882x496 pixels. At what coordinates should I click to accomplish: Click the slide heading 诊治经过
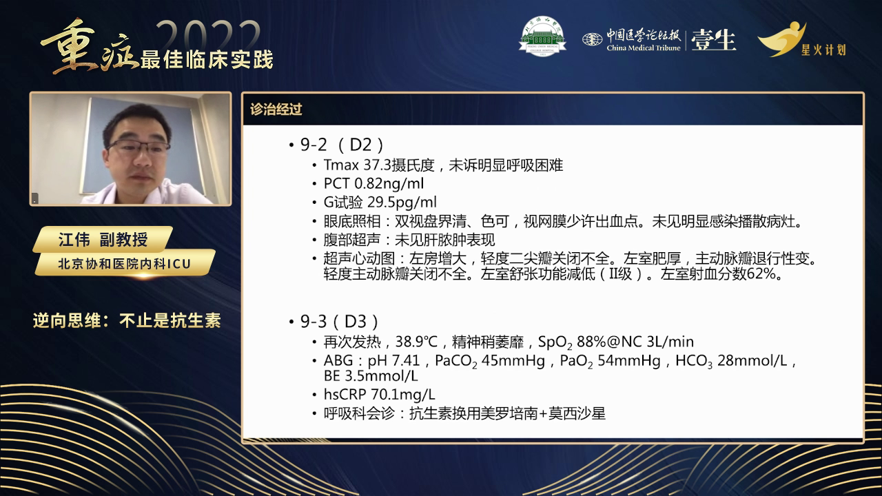pyautogui.click(x=276, y=109)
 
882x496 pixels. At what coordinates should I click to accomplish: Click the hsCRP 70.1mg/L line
pyautogui.click(x=379, y=395)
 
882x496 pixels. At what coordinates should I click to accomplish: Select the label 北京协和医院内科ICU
pyautogui.click(x=124, y=262)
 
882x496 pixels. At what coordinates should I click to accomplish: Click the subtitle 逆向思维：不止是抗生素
pyautogui.click(x=127, y=321)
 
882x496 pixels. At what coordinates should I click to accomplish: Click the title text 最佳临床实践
pyautogui.click(x=207, y=59)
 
